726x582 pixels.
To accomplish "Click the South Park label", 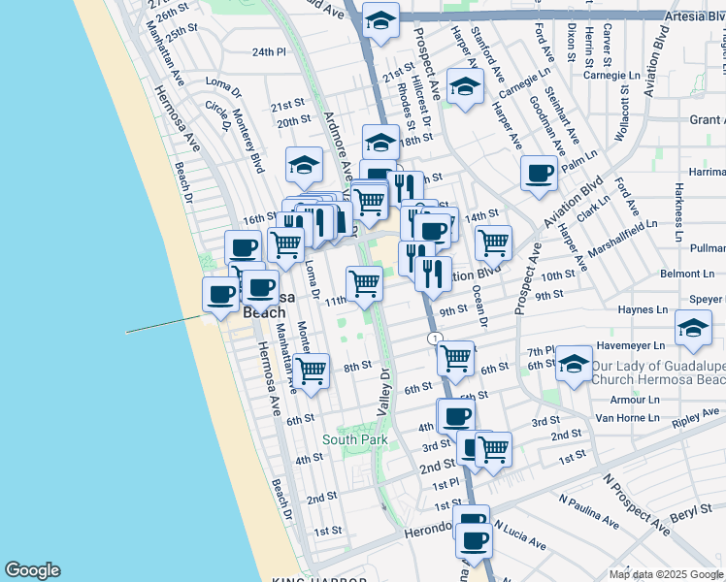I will [x=355, y=439].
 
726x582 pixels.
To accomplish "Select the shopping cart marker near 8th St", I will [x=311, y=370].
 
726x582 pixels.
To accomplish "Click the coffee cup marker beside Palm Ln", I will [x=539, y=173].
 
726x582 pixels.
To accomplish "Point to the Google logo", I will [x=32, y=570].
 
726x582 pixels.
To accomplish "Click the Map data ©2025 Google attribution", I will [x=666, y=574].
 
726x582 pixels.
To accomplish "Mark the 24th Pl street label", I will [x=269, y=51].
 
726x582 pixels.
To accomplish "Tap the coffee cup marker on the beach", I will [x=221, y=294].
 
